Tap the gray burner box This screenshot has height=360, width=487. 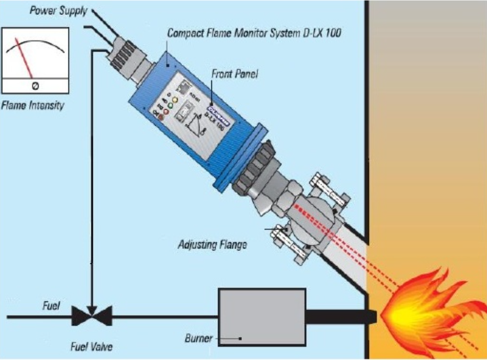[260, 315]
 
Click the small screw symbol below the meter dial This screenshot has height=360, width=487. [35, 86]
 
